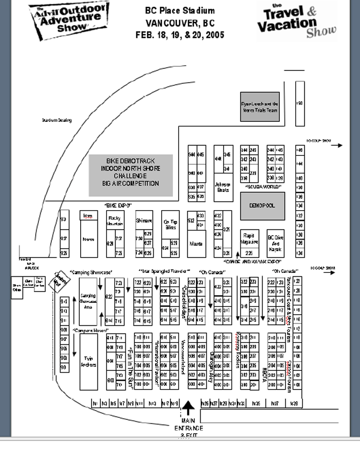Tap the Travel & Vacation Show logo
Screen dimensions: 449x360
[x=297, y=21]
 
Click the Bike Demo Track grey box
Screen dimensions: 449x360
[x=130, y=175]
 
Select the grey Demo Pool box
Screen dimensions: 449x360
[x=263, y=206]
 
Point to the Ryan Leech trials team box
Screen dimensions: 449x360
[x=260, y=106]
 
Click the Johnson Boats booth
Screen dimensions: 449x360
[x=223, y=187]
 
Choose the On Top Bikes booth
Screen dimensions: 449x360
[x=170, y=224]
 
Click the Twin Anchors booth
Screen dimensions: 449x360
[x=88, y=362]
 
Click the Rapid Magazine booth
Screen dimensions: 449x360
[x=249, y=239]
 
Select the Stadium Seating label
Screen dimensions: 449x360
[x=57, y=120]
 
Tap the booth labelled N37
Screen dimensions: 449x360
[x=274, y=404]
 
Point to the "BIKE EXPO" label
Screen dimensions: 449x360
[x=118, y=205]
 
